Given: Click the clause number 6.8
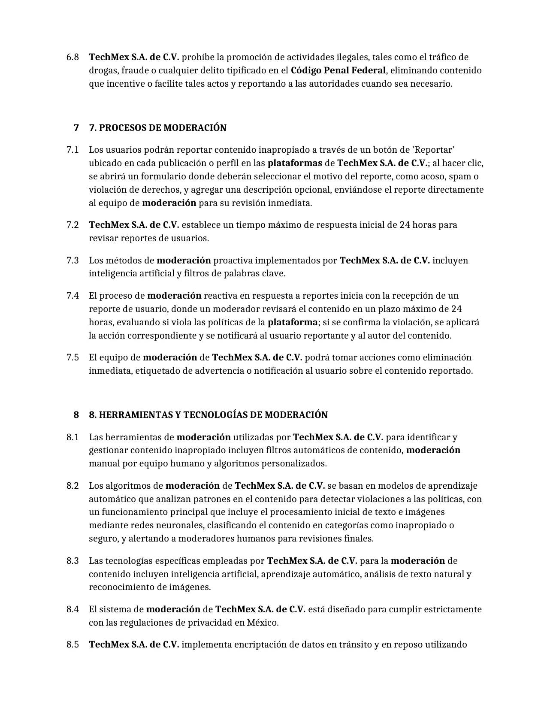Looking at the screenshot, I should (73, 57).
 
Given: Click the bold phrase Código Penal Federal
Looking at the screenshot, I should (338, 70).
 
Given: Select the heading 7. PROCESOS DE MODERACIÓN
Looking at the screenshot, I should (157, 128).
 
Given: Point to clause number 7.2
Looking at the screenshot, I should (73, 225).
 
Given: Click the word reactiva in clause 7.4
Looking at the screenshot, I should (220, 296).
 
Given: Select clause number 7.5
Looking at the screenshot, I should (73, 357).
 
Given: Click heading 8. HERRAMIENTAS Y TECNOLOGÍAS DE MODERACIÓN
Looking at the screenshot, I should (208, 415).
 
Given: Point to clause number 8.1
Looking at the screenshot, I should (73, 437).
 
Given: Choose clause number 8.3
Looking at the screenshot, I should (73, 561).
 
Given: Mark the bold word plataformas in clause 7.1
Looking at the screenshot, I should (295, 163).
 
